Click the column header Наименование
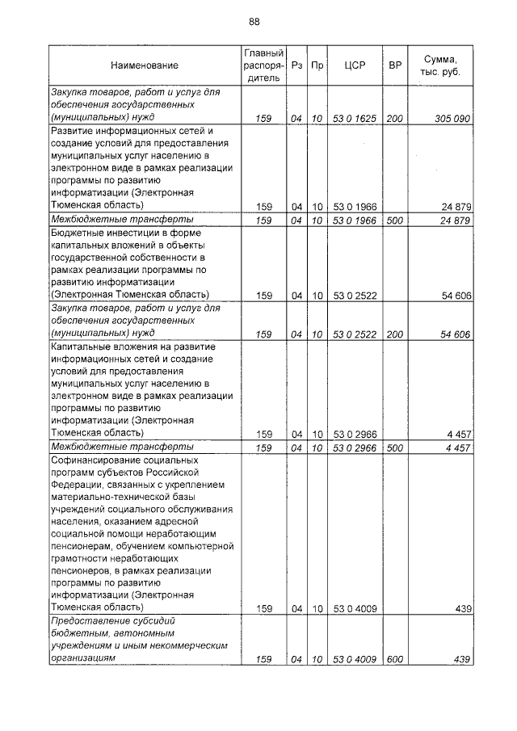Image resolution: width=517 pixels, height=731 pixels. pyautogui.click(x=145, y=65)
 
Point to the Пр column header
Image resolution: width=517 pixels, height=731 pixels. pyautogui.click(x=317, y=65)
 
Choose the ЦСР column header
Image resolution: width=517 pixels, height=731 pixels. pyautogui.click(x=355, y=65)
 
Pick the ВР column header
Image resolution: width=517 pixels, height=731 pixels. pyautogui.click(x=395, y=65)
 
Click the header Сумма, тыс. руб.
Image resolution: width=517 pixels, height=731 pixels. pyautogui.click(x=440, y=65)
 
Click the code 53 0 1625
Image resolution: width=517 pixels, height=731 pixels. pyautogui.click(x=355, y=119)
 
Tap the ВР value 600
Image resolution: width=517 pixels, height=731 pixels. pyautogui.click(x=395, y=660)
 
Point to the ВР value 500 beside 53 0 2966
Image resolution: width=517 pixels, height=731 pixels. pyautogui.click(x=395, y=447)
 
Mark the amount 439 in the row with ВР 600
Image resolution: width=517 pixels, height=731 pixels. pyautogui.click(x=462, y=660)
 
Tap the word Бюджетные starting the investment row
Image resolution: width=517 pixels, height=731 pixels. pyautogui.click(x=78, y=232)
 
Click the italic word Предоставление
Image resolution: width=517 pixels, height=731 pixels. pyautogui.click(x=90, y=620)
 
